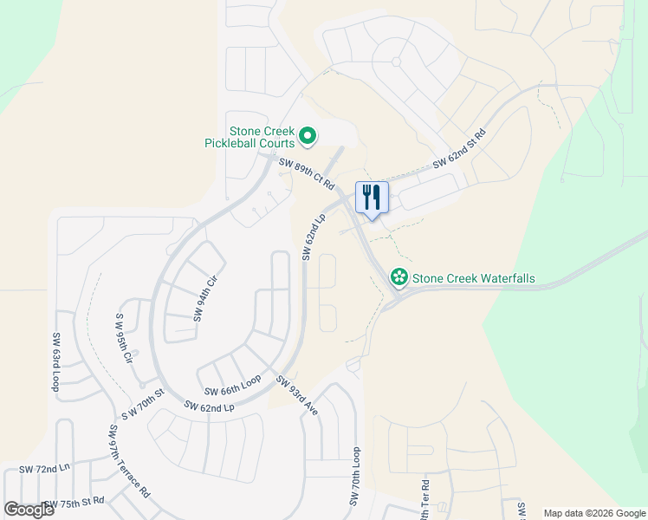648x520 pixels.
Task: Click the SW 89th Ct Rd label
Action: (x=306, y=171)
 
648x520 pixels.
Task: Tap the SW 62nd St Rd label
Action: (x=459, y=148)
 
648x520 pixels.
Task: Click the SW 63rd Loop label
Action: (x=56, y=362)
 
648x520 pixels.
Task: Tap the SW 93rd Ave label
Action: (x=297, y=394)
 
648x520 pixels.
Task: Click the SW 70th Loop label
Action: (x=355, y=477)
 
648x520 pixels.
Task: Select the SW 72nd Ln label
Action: (x=43, y=469)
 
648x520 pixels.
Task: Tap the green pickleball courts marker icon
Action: (x=307, y=136)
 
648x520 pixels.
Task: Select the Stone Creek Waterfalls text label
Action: (x=474, y=279)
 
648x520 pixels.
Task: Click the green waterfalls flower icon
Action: (x=399, y=277)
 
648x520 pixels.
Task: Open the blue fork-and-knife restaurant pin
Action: (x=372, y=198)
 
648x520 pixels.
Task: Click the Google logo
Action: (x=29, y=510)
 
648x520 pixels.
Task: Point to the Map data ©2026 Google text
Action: (x=594, y=513)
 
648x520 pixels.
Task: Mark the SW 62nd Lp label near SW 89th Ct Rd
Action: (x=313, y=236)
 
